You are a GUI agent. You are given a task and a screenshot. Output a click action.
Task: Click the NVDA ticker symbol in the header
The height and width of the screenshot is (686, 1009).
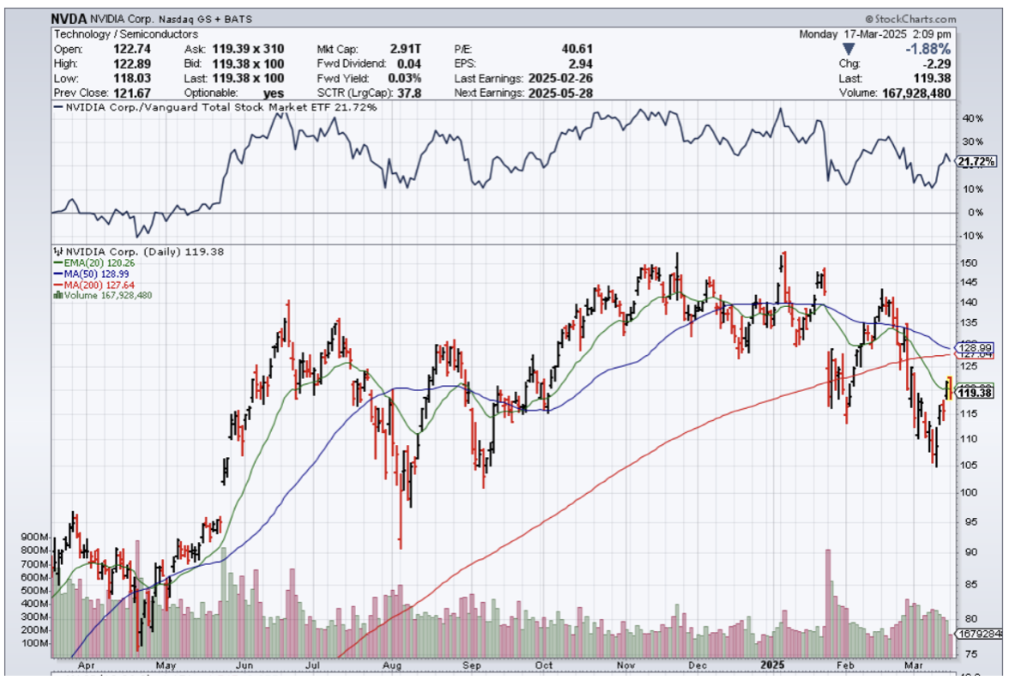click(x=69, y=18)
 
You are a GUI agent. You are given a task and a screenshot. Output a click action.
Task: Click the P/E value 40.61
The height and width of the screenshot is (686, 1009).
click(x=577, y=49)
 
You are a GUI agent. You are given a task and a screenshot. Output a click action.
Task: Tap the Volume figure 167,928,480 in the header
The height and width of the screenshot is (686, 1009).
click(x=916, y=93)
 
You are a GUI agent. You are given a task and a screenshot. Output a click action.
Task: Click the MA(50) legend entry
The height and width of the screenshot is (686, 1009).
click(x=87, y=274)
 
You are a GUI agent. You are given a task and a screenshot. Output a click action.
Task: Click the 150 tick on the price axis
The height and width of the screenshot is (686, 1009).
click(x=970, y=262)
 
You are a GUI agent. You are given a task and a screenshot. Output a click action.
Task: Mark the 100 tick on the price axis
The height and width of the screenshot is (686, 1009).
click(x=970, y=492)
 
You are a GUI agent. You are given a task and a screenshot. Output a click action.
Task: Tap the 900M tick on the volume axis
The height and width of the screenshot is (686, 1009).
click(x=33, y=537)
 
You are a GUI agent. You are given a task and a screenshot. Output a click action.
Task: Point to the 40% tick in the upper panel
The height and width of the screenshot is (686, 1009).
click(x=971, y=118)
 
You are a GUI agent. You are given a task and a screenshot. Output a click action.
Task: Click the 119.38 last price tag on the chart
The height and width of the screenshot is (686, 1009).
click(x=976, y=393)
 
